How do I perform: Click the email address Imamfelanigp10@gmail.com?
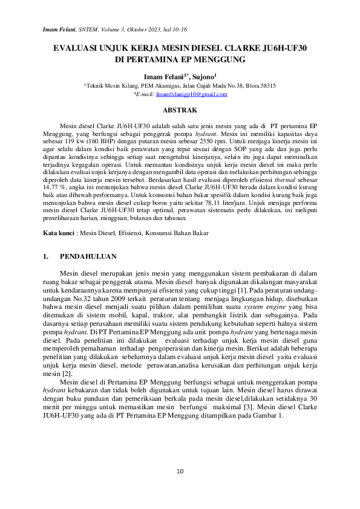[x=191, y=95]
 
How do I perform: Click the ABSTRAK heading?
[x=180, y=111]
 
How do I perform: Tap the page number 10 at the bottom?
[x=180, y=471]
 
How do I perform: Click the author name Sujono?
[x=204, y=77]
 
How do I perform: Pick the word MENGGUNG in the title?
[x=215, y=60]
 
